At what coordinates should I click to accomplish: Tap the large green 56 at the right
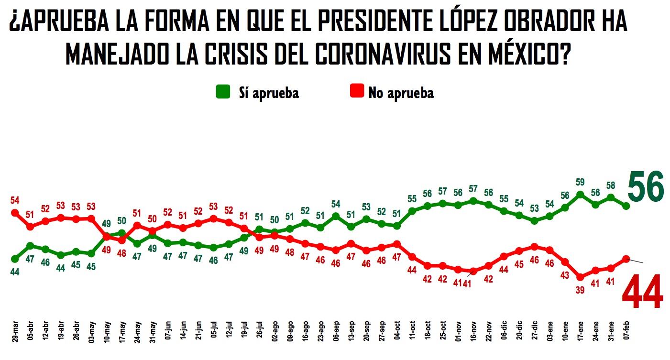[645, 188]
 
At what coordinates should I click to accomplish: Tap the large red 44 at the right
[642, 292]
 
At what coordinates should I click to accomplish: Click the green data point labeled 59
[580, 195]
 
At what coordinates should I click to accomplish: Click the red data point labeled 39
[580, 277]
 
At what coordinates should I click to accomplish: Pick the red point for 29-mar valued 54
[15, 213]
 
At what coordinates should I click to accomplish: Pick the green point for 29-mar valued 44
[15, 259]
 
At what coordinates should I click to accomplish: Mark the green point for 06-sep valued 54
[336, 216]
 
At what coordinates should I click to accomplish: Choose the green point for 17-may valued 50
[122, 233]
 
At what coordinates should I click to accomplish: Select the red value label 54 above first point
[15, 199]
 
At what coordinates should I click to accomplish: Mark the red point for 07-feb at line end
[626, 259]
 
